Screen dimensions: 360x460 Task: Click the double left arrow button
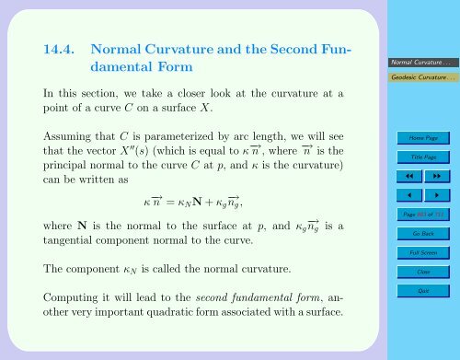point(399,176)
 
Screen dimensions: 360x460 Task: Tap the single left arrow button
point(399,195)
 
